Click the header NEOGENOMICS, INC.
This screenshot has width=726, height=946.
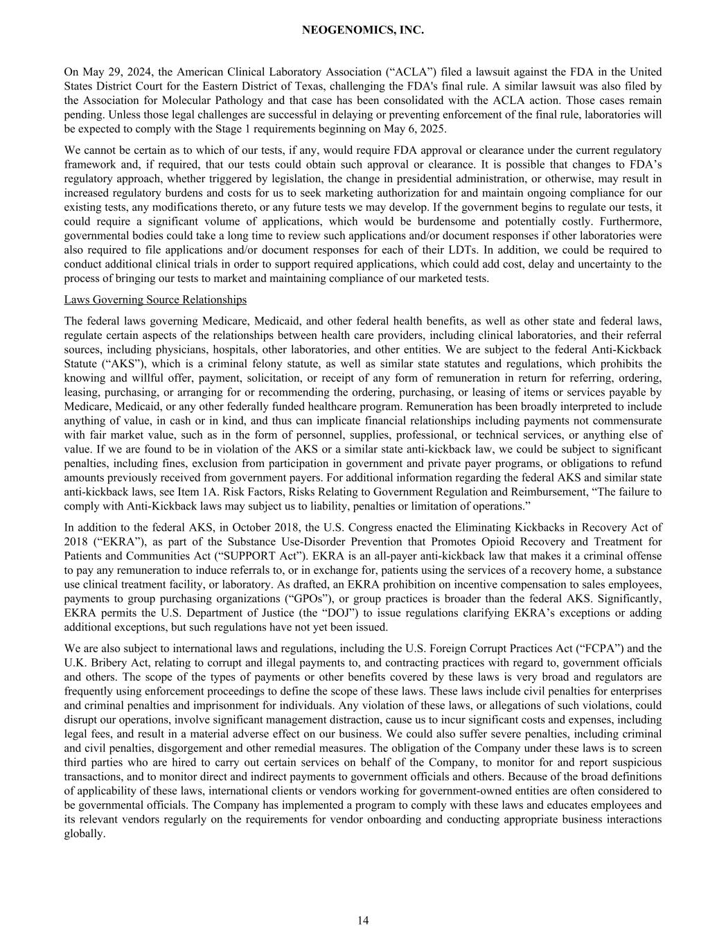[x=363, y=30]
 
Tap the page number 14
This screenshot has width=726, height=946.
[x=363, y=920]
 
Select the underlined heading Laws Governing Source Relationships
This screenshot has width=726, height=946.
[x=155, y=299]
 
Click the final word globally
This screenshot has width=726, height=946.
[x=83, y=833]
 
